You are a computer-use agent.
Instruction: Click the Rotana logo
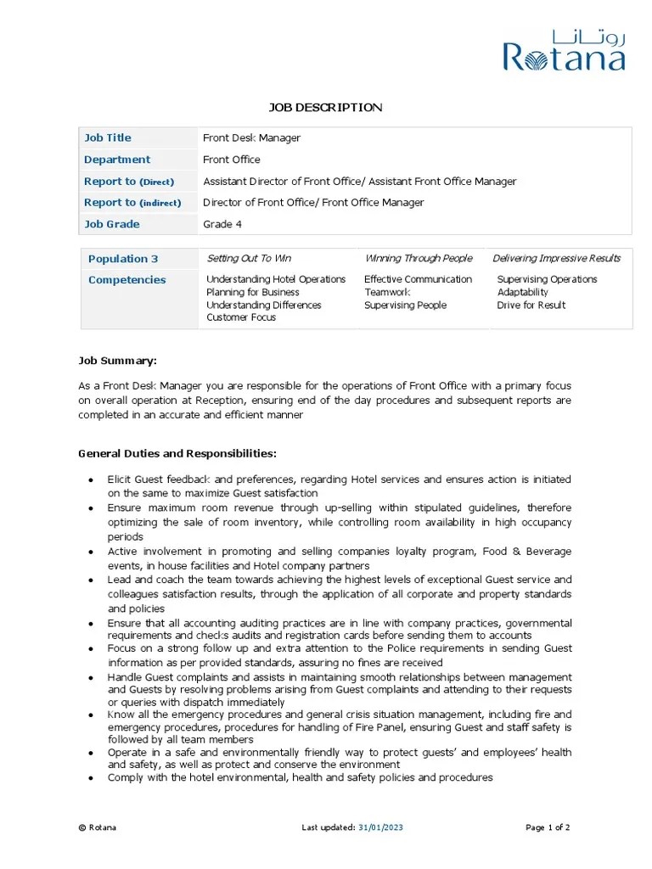point(564,51)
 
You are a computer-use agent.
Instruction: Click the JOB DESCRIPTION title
point(326,107)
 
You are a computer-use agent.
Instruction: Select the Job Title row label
point(108,137)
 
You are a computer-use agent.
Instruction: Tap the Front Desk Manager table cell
point(251,137)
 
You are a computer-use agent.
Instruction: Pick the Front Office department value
point(232,160)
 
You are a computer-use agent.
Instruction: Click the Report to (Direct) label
point(129,182)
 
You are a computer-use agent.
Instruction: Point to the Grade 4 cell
point(222,224)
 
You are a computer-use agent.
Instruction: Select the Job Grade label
point(112,224)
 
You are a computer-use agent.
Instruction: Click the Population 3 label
point(123,259)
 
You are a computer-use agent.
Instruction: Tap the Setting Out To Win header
point(249,258)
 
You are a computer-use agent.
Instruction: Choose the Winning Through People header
point(419,258)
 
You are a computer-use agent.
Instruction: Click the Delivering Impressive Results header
point(556,258)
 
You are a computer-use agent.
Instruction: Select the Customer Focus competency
point(241,317)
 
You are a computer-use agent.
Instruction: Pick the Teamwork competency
point(387,292)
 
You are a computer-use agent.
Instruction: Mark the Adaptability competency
point(523,292)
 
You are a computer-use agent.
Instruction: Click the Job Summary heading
point(117,361)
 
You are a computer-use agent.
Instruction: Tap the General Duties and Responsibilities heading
point(177,454)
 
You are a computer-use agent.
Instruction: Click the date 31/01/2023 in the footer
point(381,827)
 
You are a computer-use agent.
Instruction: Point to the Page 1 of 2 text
point(548,827)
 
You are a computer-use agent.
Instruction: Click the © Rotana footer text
point(98,827)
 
